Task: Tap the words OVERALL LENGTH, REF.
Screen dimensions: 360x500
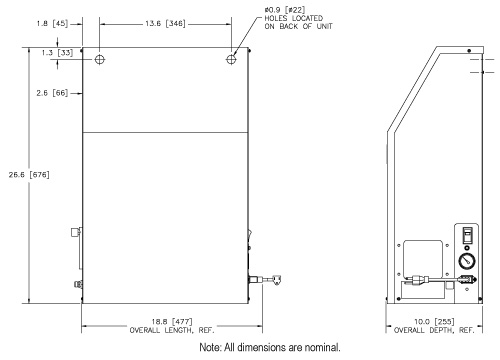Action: (x=166, y=329)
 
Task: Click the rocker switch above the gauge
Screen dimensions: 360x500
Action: (x=466, y=236)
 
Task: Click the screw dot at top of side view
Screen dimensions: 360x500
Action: (x=470, y=50)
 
